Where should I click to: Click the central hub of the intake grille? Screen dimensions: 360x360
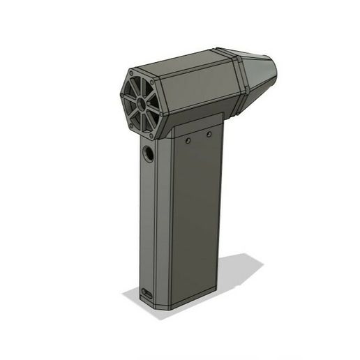click(x=142, y=103)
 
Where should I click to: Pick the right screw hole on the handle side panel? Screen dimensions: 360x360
click(x=209, y=132)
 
